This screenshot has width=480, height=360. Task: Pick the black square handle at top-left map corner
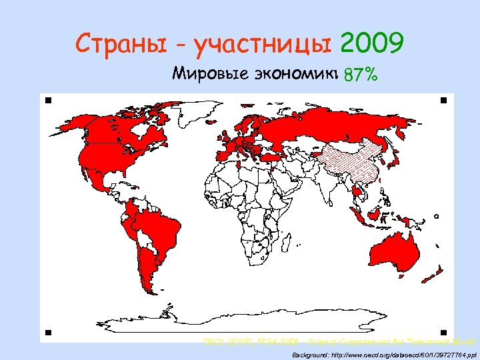(49, 101)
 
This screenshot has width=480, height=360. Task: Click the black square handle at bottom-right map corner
(443, 331)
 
